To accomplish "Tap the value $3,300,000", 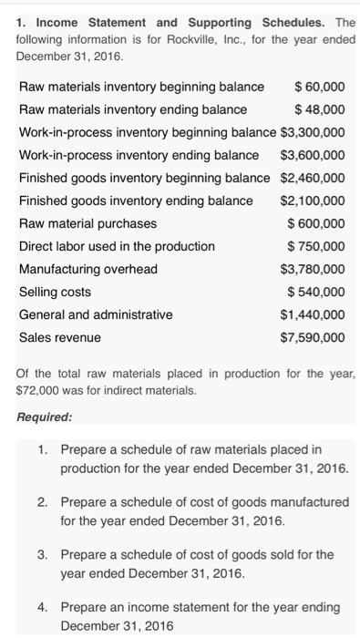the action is click(x=313, y=132).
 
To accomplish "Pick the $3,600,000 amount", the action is click(x=313, y=155).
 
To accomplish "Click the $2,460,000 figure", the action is click(x=313, y=178).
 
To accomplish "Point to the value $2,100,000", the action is click(x=313, y=201).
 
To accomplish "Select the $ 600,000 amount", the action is click(x=316, y=223).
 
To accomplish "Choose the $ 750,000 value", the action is click(x=316, y=246).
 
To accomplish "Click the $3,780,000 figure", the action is click(x=313, y=269).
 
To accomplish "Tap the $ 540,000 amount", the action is click(x=316, y=292).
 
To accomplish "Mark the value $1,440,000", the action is click(x=313, y=314).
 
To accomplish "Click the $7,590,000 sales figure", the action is click(x=313, y=337).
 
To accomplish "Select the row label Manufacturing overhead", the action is click(x=88, y=269).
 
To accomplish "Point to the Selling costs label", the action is click(x=59, y=292).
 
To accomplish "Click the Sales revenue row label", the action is click(x=60, y=337).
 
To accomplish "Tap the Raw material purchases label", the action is click(x=87, y=223).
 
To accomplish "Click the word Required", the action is click(x=46, y=418).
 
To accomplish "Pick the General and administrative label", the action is click(x=96, y=314).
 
